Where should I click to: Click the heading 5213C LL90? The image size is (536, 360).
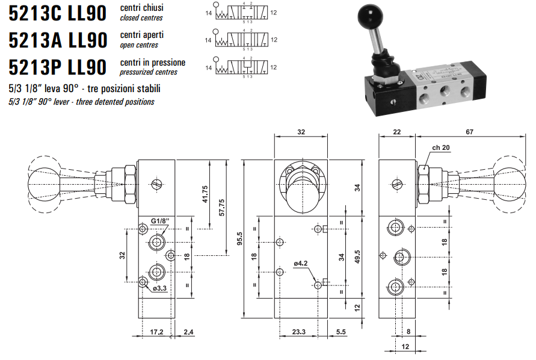pos(58,13)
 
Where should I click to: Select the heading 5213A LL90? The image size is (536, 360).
pos(58,40)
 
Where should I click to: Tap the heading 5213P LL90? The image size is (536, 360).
pos(58,67)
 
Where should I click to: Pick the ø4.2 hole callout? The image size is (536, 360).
pos(301,262)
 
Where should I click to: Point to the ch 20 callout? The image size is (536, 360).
pos(440,147)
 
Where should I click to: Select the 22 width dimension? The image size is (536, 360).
pos(396,131)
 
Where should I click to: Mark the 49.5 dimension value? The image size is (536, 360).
pos(357,257)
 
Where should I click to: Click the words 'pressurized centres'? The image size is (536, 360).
pos(144,72)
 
